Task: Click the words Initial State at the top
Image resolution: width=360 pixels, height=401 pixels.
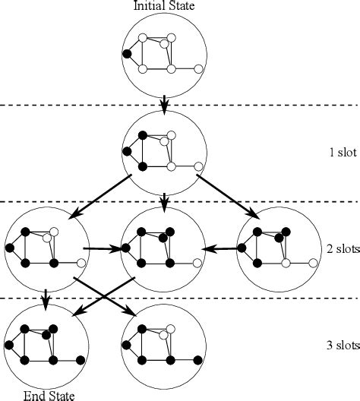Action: coord(164,6)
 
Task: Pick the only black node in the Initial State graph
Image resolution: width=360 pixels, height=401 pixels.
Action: coord(127,54)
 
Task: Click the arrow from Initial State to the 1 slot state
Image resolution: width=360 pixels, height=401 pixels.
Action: coord(165,103)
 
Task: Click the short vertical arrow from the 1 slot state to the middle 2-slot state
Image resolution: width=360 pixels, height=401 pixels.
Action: coord(165,199)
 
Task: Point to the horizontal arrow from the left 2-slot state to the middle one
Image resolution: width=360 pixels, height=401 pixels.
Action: coord(102,248)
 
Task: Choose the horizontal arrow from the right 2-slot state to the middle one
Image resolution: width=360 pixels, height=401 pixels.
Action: coord(220,248)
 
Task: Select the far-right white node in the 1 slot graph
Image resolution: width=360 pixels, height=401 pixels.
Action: coord(199,166)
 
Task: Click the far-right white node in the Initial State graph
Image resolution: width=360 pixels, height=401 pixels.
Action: coord(199,69)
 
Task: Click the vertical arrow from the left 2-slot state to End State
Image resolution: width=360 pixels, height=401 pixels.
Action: coord(46,300)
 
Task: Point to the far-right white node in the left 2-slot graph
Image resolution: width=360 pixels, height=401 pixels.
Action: coord(81,263)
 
